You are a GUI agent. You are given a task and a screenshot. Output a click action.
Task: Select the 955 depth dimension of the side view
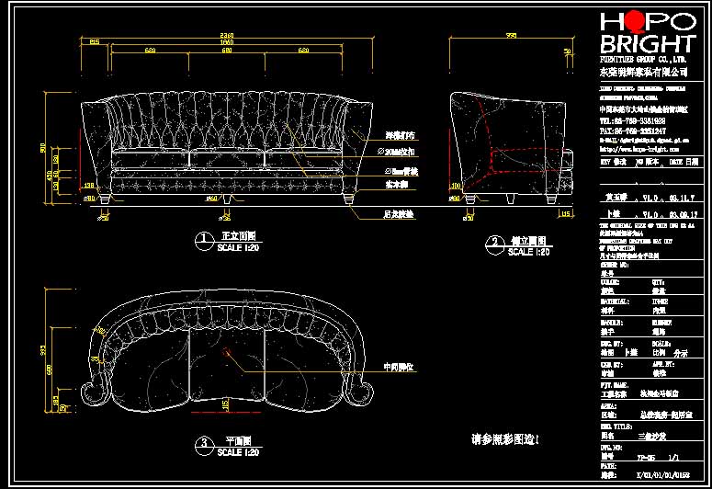tap(510, 36)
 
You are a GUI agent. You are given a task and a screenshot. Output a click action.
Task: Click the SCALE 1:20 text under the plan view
tap(234, 453)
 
